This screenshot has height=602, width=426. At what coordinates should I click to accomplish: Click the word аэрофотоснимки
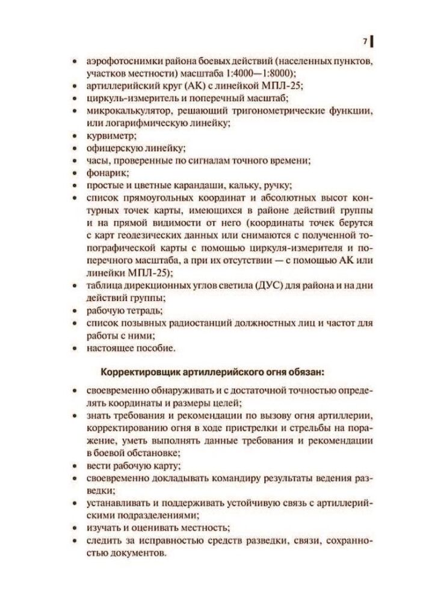[122, 62]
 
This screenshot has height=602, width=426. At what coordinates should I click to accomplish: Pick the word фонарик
[104, 172]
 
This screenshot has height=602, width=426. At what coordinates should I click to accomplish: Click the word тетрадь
[144, 311]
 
